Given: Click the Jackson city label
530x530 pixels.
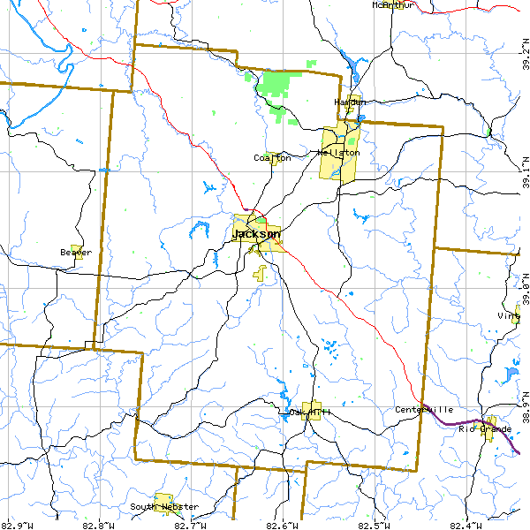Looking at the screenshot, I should (256, 234).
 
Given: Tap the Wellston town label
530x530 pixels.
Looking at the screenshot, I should (338, 153).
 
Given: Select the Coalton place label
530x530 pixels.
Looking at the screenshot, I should (271, 158).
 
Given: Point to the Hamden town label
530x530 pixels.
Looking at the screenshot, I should (350, 102).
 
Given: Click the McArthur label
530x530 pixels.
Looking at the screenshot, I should (393, 5).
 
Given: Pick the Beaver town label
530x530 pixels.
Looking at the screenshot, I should (75, 253).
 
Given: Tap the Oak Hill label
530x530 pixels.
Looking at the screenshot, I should (309, 412).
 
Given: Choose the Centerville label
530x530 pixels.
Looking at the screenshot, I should (424, 410).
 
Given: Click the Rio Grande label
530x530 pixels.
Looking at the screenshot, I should (484, 429).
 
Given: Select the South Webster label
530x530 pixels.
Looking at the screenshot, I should (164, 507).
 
